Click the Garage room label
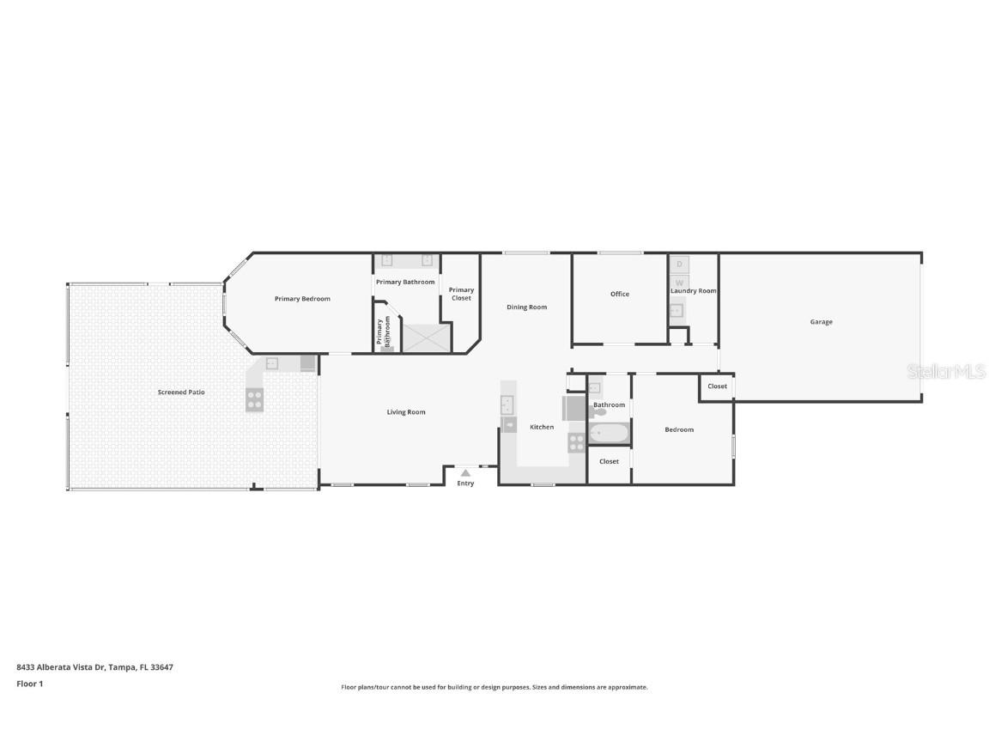pyautogui.click(x=821, y=322)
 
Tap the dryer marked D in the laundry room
pyautogui.click(x=679, y=265)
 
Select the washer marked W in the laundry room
pyautogui.click(x=679, y=282)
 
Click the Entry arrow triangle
pyautogui.click(x=465, y=472)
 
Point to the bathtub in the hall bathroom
pyautogui.click(x=610, y=433)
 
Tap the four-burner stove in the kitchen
pyautogui.click(x=576, y=442)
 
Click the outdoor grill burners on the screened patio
pyautogui.click(x=255, y=399)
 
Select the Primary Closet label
pyautogui.click(x=461, y=294)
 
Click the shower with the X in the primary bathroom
pyautogui.click(x=427, y=338)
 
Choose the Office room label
pyautogui.click(x=620, y=294)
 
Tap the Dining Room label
pyautogui.click(x=526, y=307)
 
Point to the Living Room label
pyautogui.click(x=406, y=412)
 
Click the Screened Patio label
pyautogui.click(x=181, y=392)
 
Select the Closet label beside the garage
pyautogui.click(x=717, y=386)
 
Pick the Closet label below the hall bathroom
pyautogui.click(x=609, y=461)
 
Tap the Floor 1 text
pyautogui.click(x=29, y=684)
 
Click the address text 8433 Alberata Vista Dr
pyautogui.click(x=94, y=666)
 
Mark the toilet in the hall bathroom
pyautogui.click(x=598, y=412)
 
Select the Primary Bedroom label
pyautogui.click(x=302, y=299)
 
